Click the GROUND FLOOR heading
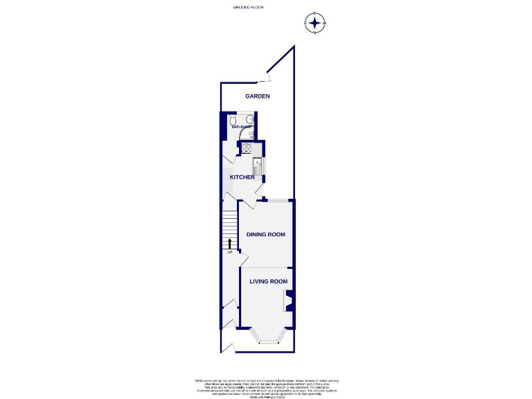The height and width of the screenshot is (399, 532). coord(249,7)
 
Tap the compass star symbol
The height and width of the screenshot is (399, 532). coord(315,24)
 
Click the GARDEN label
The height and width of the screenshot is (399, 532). coord(258,96)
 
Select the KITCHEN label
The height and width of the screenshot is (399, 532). coord(242,177)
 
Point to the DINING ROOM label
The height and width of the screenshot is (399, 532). coord(266,235)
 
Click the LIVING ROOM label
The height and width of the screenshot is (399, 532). coord(268,281)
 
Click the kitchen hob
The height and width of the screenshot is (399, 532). coord(246,147)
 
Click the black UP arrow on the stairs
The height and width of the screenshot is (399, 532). coord(229,242)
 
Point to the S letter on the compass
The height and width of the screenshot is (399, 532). coord(315,14)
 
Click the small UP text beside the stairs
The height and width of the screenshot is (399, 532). coord(229,251)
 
